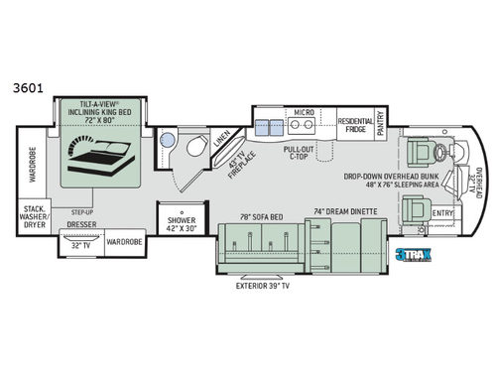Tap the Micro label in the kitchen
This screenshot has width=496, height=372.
tap(304, 113)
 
